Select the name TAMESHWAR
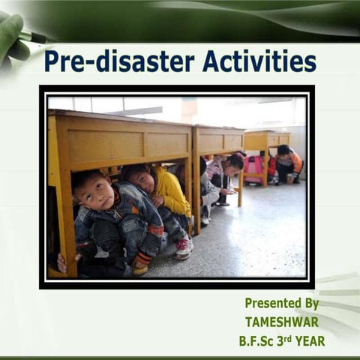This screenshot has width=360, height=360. [x=282, y=322]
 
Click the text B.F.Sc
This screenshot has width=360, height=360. [x=260, y=340]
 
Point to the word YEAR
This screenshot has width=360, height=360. [x=309, y=340]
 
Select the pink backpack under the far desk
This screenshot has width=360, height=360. [x=255, y=166]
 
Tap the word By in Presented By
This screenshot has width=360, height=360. [x=309, y=303]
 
